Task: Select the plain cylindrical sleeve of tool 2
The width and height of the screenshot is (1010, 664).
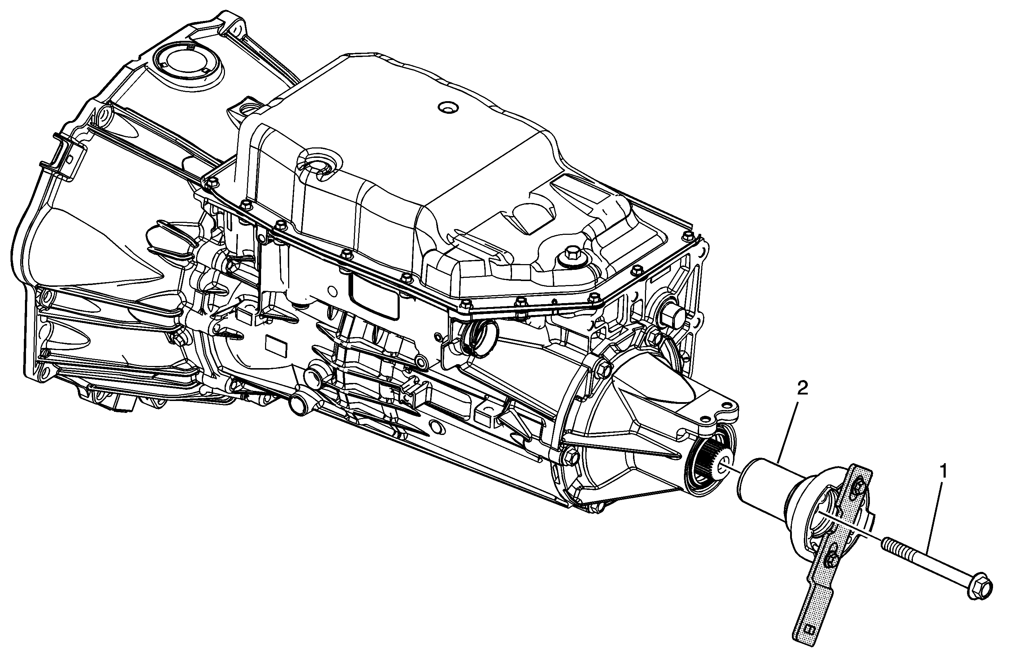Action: (763, 484)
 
